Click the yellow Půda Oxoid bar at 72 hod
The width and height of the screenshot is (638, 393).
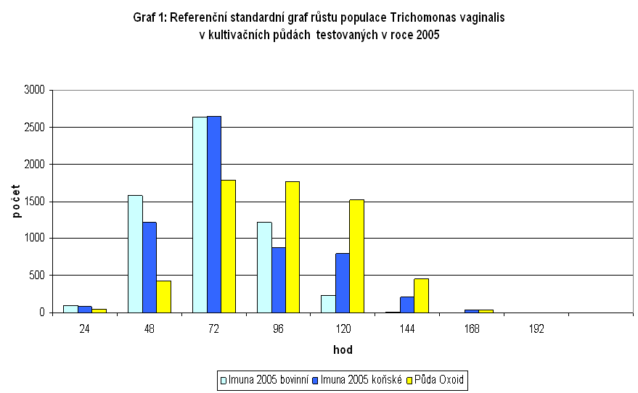pos(228,247)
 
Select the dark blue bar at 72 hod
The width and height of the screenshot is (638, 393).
pos(213,214)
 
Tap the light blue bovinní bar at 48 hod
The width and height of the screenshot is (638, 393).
pos(135,254)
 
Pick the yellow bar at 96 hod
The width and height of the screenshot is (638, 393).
pos(292,247)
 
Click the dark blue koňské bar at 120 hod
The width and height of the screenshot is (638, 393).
pos(342,283)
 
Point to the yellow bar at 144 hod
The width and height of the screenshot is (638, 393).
pos(420,296)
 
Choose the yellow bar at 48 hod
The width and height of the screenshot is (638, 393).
pos(163,297)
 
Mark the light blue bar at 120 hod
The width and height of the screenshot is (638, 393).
pos(327,304)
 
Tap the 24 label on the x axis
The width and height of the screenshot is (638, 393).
pos(85,328)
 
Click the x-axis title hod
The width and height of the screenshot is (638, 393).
pos(343,349)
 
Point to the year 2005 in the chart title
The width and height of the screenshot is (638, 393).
pos(428,34)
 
